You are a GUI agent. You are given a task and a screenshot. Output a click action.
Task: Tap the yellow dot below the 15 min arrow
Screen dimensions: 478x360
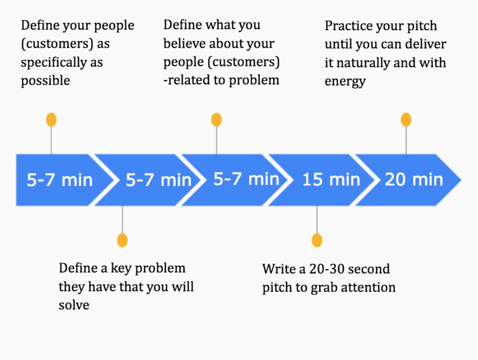pyautogui.click(x=317, y=240)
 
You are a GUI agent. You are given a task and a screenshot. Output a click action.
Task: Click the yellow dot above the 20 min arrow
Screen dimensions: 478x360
pyautogui.click(x=406, y=120)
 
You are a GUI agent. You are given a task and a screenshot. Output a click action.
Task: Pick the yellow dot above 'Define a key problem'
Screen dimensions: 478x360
pyautogui.click(x=122, y=240)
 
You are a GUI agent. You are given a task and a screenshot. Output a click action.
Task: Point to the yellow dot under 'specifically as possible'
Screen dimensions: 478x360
pyautogui.click(x=51, y=120)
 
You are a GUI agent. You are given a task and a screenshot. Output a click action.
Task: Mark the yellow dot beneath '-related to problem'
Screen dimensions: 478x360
pyautogui.click(x=217, y=120)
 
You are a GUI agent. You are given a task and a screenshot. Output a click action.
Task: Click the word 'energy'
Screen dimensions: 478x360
pyautogui.click(x=345, y=82)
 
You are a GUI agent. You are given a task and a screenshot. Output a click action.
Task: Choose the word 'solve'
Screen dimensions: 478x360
pyautogui.click(x=74, y=305)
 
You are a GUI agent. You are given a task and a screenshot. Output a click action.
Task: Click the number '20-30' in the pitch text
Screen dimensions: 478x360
pyautogui.click(x=327, y=269)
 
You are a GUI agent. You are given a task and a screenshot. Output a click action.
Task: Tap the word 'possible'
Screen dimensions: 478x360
pyautogui.click(x=45, y=81)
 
